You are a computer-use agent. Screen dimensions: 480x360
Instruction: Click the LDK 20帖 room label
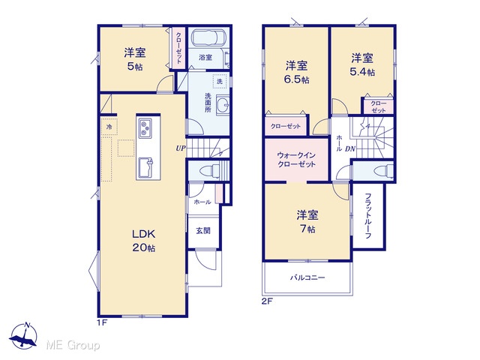tap(144, 241)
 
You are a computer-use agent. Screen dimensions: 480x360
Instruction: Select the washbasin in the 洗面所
tap(223, 105)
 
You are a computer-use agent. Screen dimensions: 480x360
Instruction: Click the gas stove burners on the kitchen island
tap(145, 127)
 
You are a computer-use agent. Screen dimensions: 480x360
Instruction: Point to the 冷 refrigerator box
tap(109, 127)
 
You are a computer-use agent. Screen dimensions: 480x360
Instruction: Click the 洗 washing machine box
tap(220, 81)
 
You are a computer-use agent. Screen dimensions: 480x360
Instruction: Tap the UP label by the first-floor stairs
tap(181, 148)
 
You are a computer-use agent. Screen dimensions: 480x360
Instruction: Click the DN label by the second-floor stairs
tap(350, 149)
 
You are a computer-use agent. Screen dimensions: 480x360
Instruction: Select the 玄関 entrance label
tap(203, 230)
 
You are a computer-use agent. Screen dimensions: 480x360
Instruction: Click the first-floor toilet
tap(210, 170)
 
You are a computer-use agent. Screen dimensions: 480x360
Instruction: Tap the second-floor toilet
tap(385, 170)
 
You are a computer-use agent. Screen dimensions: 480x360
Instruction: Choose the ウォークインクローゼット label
tap(296, 160)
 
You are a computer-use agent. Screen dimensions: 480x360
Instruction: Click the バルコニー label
tap(307, 278)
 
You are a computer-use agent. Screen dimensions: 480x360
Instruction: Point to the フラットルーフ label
tap(368, 215)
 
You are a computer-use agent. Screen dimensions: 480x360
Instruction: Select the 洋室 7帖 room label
tap(307, 222)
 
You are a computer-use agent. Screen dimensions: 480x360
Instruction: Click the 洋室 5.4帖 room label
tap(362, 64)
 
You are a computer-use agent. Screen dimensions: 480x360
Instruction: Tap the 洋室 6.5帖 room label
tap(297, 73)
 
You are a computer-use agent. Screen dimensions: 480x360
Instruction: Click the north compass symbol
tap(23, 335)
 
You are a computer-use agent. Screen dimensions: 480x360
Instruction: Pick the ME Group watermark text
tap(73, 346)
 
